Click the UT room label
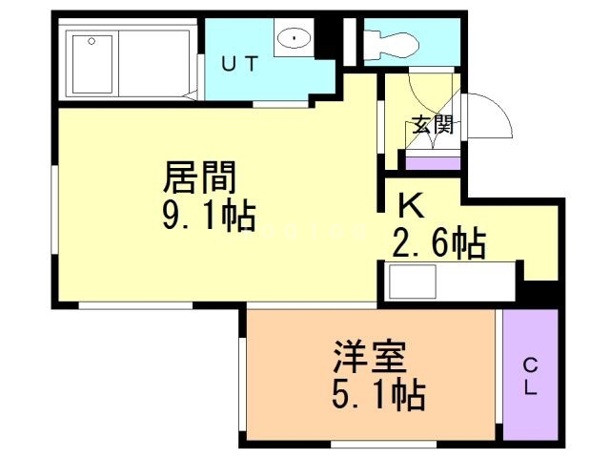(x=239, y=65)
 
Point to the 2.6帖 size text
(x=439, y=242)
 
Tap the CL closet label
(x=530, y=376)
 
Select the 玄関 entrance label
(x=431, y=124)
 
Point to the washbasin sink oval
(x=295, y=39)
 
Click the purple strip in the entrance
(x=433, y=161)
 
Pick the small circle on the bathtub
(x=91, y=41)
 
